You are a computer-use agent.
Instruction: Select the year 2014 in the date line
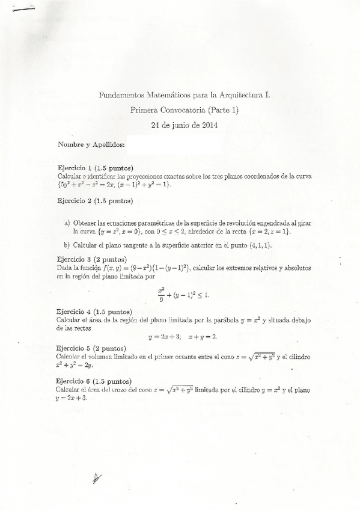tap(207, 126)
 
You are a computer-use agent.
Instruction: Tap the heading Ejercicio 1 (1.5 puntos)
tap(95, 167)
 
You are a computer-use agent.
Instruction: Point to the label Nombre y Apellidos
tap(91, 145)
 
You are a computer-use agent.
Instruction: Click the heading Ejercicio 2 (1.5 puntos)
tap(95, 201)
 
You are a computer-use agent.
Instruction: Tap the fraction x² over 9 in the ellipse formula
tap(161, 292)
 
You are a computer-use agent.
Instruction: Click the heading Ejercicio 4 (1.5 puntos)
tap(95, 312)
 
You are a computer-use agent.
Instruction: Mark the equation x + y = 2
tap(202, 337)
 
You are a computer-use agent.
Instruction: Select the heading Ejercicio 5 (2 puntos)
tap(91, 348)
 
